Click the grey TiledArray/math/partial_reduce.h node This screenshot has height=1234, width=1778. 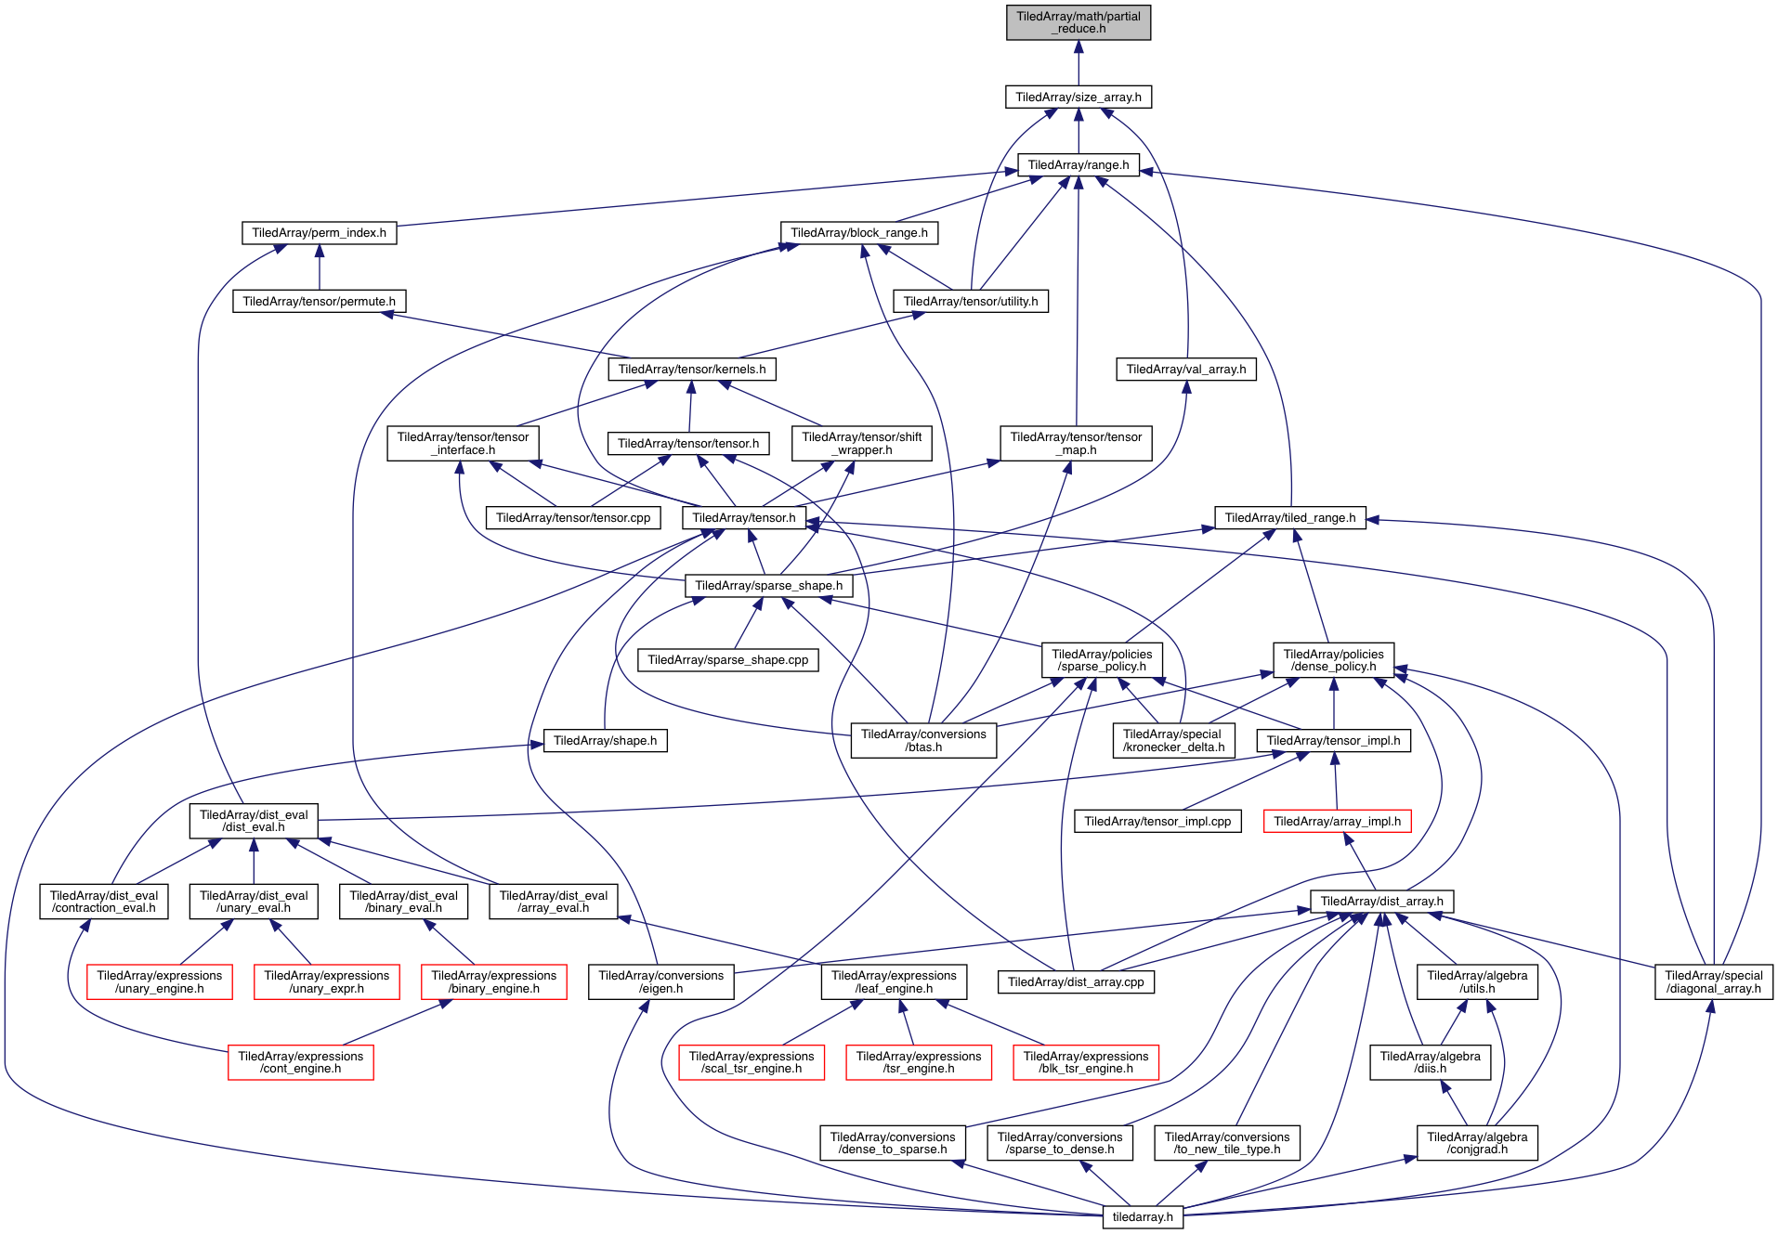point(1078,22)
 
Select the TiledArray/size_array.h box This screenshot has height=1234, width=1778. point(1078,97)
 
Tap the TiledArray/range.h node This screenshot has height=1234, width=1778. point(1078,165)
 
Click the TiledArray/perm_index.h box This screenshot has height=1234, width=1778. point(319,233)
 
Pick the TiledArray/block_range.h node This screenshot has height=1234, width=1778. point(858,233)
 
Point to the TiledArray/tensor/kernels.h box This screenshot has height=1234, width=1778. point(691,370)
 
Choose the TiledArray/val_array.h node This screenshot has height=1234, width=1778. point(1185,370)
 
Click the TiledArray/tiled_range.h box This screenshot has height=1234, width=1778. point(1289,518)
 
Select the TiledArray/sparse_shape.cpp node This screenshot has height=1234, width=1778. point(727,660)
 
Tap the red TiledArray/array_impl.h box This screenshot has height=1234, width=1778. point(1337,822)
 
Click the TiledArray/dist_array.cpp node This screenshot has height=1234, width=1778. point(1076,982)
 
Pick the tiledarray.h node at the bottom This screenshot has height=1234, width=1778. point(1143,1217)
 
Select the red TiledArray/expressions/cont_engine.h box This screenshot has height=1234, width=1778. point(300,1062)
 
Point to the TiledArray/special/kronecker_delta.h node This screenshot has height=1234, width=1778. point(1173,741)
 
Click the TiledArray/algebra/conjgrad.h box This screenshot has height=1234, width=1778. point(1476,1143)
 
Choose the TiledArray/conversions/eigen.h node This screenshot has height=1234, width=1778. point(660,982)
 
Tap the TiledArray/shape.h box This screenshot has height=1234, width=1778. point(605,741)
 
